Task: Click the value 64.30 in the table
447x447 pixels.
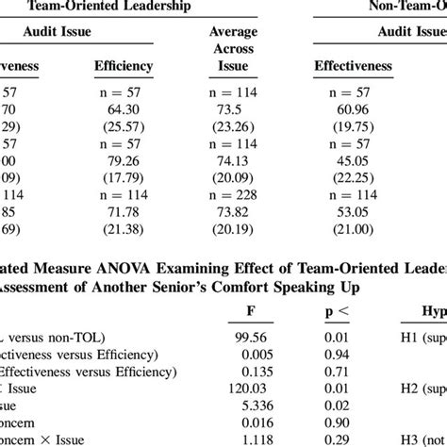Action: pyautogui.click(x=124, y=109)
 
